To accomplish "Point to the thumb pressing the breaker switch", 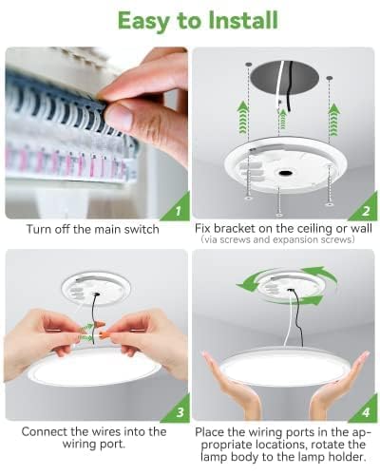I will tap(119, 116).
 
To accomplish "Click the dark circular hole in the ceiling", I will tap(283, 70).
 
